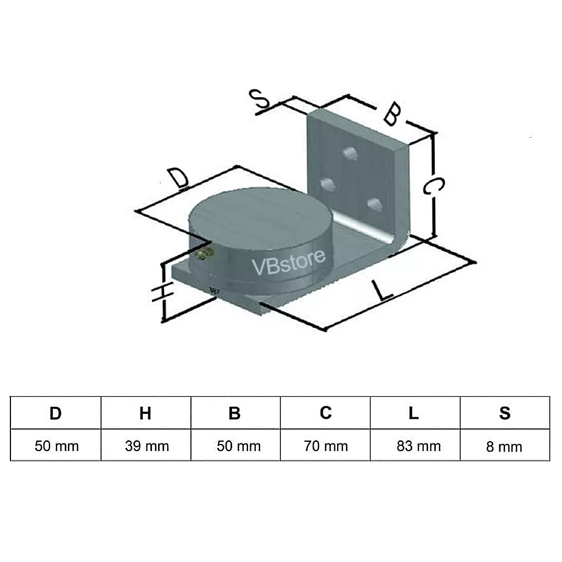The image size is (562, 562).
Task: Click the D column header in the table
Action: point(55,413)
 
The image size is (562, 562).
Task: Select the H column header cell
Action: point(145,413)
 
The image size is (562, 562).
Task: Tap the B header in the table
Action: point(235,413)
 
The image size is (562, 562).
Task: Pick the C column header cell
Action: point(325,413)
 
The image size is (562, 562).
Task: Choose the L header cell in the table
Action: point(414,413)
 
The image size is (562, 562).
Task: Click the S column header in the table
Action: point(505,413)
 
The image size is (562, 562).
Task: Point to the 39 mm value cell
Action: point(147,446)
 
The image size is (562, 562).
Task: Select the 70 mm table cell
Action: point(325,446)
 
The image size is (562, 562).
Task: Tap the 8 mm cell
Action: point(504,447)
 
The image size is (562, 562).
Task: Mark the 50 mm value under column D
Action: point(57,446)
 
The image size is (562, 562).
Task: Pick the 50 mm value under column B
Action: point(238,446)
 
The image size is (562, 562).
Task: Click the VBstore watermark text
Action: point(289,261)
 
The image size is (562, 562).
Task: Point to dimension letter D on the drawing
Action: point(178,179)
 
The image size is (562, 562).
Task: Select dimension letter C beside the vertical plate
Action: point(433,187)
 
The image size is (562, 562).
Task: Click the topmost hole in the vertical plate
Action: point(349,153)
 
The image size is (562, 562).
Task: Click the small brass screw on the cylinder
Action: point(206,254)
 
